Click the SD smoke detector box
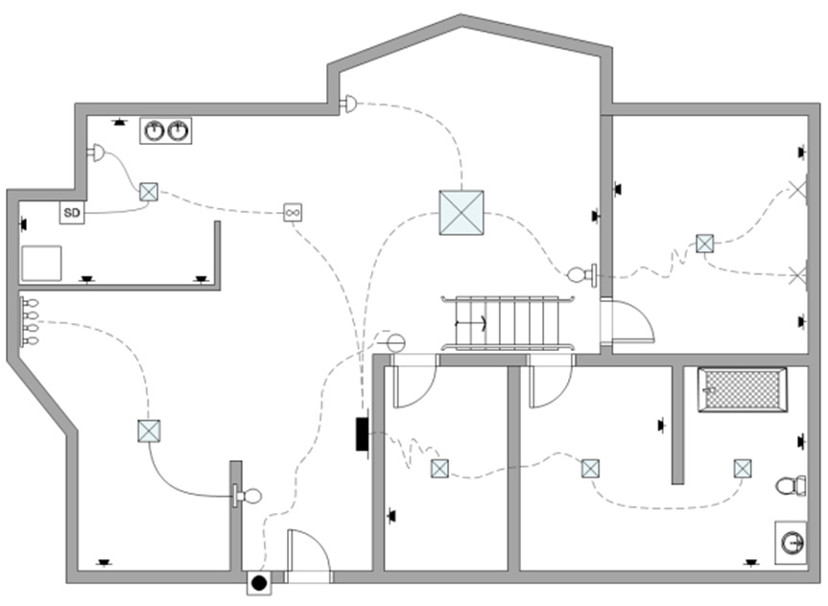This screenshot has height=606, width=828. [x=72, y=212]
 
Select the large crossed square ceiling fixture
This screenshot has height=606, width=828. [x=461, y=213]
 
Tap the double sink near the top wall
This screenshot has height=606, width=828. [x=166, y=130]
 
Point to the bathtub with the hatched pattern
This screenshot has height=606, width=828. [x=744, y=391]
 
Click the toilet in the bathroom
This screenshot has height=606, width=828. [x=792, y=485]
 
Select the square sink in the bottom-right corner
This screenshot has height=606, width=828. [x=793, y=542]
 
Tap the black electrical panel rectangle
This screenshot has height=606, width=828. [x=363, y=433]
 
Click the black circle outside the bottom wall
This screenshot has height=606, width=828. [x=258, y=581]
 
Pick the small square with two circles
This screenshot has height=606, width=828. [x=294, y=212]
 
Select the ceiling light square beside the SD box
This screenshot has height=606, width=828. [x=149, y=192]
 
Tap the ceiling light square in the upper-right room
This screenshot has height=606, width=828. [x=705, y=244]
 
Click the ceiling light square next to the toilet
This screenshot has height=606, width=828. [x=743, y=469]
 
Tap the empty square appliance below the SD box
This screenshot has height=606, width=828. [x=41, y=264]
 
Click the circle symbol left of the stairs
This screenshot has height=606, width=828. [x=393, y=340]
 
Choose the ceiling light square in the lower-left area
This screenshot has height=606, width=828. [x=149, y=431]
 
